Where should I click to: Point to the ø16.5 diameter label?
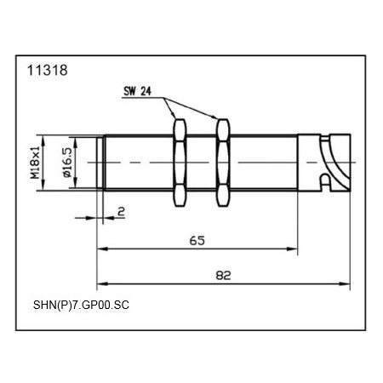pos(65,162)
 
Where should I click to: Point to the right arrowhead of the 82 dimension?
pos(348,283)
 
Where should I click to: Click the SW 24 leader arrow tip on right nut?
pos(222,120)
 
